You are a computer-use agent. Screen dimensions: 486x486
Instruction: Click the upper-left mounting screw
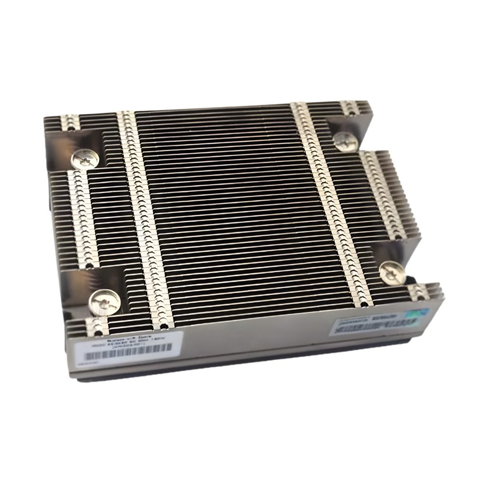click(x=83, y=158)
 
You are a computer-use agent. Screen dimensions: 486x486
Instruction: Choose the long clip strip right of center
click(x=330, y=204)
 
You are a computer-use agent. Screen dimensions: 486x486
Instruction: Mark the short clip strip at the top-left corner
click(x=69, y=122)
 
